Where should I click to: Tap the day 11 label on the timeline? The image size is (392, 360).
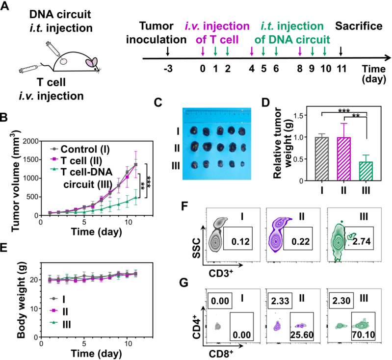click(x=340, y=68)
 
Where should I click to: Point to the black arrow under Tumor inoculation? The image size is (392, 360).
click(x=168, y=51)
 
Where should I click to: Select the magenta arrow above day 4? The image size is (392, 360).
click(x=252, y=51)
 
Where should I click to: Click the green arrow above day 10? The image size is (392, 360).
click(x=324, y=51)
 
